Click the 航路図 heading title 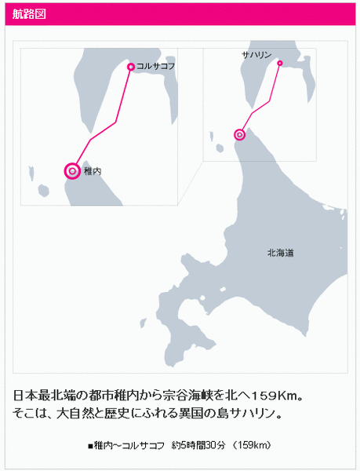(29, 14)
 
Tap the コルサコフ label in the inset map (156, 67)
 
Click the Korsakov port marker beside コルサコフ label (131, 67)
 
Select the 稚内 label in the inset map (93, 171)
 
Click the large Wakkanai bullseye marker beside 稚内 (72, 171)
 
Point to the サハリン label (256, 55)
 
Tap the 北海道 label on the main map (281, 253)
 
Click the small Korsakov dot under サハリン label (280, 63)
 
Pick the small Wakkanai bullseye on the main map (239, 135)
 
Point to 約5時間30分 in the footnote (198, 445)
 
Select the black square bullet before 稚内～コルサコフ (90, 446)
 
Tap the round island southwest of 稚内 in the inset (44, 191)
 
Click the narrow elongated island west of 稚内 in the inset (31, 173)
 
